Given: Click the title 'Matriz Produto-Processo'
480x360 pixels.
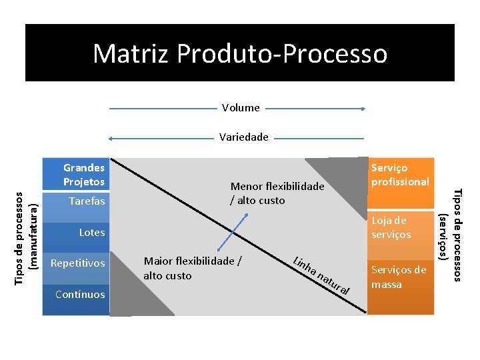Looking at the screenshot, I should (240, 53).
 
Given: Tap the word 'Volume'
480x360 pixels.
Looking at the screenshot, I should (241, 107).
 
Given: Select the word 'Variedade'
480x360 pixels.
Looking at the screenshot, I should (244, 137).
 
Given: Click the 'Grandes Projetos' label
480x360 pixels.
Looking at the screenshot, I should (84, 175).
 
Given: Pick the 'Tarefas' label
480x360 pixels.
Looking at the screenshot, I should (87, 201).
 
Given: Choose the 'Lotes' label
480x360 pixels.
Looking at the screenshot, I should (92, 232).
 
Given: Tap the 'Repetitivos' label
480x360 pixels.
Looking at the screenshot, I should (78, 263).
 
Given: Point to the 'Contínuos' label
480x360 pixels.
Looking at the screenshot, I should (80, 294).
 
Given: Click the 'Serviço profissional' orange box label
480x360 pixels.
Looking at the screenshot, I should (400, 175).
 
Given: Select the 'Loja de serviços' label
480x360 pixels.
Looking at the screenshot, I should (391, 227).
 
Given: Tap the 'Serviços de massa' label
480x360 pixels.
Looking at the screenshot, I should (399, 277).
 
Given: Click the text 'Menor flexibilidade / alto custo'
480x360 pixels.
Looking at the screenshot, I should (277, 193).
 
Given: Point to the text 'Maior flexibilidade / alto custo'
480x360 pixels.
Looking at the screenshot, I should (193, 268).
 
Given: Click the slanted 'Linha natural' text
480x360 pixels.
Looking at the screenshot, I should (322, 275).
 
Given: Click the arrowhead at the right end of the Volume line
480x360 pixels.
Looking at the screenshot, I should (363, 108).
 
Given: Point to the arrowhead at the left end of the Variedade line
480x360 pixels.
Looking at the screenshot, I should (112, 138).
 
